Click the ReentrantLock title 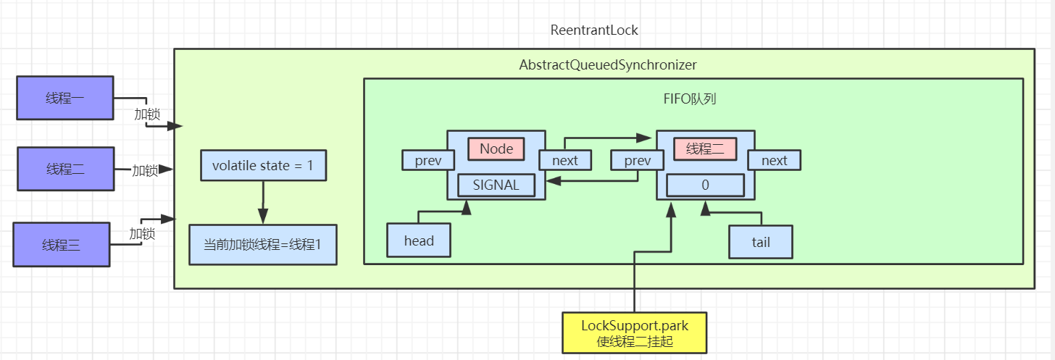click(x=594, y=30)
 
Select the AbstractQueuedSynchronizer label click(x=607, y=65)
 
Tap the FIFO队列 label click(x=691, y=99)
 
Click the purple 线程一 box click(x=64, y=98)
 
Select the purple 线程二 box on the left click(x=65, y=169)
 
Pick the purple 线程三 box click(x=62, y=245)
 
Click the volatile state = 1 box click(x=262, y=166)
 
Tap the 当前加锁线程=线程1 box click(x=262, y=245)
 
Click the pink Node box click(x=496, y=148)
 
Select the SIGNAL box click(x=496, y=185)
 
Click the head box click(x=419, y=241)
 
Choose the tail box click(x=761, y=242)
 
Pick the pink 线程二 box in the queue click(x=705, y=148)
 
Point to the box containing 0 click(x=705, y=185)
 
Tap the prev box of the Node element click(x=428, y=160)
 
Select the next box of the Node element click(x=565, y=160)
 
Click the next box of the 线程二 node click(x=774, y=160)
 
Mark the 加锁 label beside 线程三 click(x=141, y=233)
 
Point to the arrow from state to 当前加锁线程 click(x=262, y=202)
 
